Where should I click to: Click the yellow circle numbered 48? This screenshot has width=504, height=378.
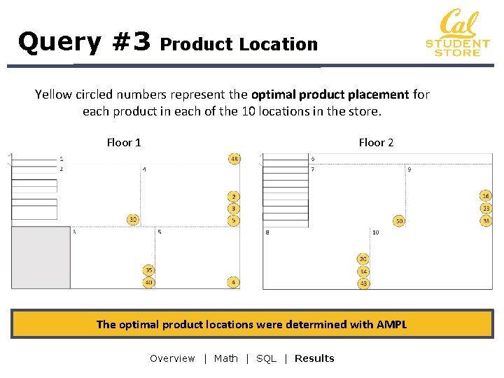(234, 159)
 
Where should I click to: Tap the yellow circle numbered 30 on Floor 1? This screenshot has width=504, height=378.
(133, 220)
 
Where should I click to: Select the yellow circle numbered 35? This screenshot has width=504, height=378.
(148, 270)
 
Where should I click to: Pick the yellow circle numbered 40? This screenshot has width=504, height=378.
(148, 282)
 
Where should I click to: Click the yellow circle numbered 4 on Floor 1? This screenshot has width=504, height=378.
(234, 282)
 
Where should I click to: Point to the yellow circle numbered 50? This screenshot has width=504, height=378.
(399, 220)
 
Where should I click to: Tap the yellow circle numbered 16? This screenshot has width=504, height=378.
(486, 196)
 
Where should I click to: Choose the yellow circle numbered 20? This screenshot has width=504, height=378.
(363, 259)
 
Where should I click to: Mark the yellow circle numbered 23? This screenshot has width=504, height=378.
(486, 209)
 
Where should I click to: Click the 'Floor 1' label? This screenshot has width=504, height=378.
(124, 143)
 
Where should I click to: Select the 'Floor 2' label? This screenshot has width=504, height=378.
(376, 143)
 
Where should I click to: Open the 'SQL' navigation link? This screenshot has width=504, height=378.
(266, 358)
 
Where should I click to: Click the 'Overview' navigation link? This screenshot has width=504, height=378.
(172, 358)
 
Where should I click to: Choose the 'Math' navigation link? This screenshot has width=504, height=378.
(226, 358)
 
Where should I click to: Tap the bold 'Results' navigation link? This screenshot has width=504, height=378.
(314, 358)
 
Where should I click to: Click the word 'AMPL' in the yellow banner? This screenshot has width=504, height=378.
(391, 324)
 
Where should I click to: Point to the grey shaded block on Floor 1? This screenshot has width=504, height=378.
(41, 257)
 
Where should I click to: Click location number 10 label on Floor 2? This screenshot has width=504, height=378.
(376, 232)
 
